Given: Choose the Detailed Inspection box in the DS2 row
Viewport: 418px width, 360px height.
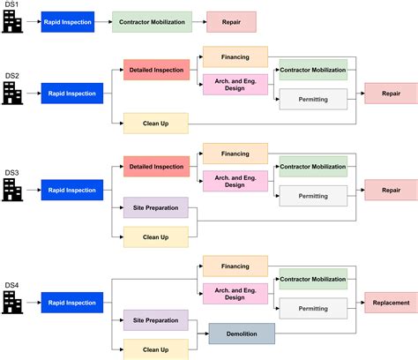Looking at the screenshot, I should pos(156,69).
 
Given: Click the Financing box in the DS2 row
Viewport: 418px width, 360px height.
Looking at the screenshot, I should pos(235,57).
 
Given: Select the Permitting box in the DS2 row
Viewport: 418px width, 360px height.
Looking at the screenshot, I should pos(313,100).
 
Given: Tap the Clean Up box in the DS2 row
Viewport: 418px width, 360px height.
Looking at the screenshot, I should pos(156,124).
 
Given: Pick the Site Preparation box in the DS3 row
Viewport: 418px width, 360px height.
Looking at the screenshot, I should pos(156,208).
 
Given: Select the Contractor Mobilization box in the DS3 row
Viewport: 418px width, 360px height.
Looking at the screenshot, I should pos(313,166).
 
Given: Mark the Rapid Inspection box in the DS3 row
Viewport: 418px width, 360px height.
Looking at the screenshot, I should pos(71,190).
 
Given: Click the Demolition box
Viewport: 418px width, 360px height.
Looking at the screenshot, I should pos(242,333).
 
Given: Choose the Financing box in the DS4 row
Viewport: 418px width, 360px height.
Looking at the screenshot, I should pos(235,265).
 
